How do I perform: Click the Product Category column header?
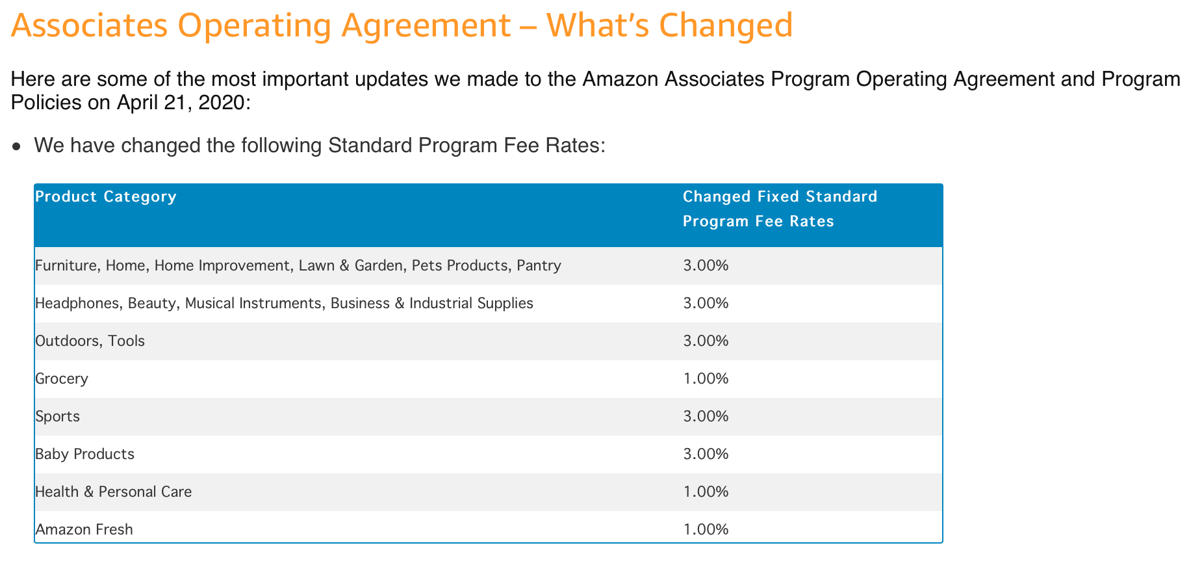105,196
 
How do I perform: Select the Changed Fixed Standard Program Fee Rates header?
779,209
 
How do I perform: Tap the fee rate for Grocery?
706,378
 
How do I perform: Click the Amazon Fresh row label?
84,529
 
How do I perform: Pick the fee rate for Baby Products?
706,454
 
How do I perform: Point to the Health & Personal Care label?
113,492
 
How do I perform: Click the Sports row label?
57,416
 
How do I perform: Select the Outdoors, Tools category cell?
90,341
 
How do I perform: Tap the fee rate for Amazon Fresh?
706,529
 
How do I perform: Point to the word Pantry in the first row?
539,265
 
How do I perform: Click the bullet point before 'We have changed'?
18,146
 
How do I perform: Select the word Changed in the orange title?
725,26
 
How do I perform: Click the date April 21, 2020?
180,103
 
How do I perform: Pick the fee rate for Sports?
706,416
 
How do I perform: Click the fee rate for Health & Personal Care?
706,492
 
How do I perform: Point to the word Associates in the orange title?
89,26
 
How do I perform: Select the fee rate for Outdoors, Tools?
706,341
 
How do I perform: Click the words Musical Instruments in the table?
253,303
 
